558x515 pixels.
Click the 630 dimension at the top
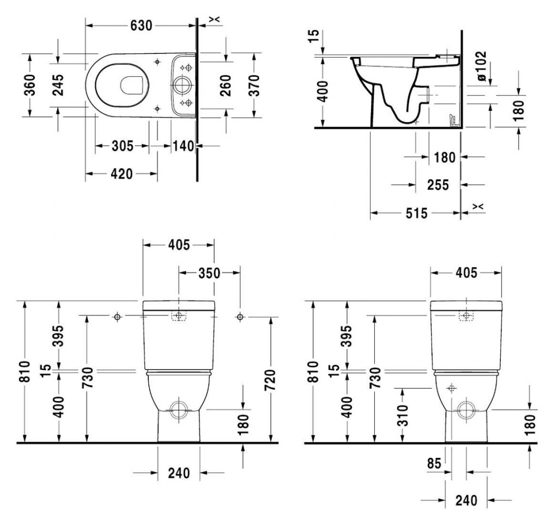[x=141, y=25]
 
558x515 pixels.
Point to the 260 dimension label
[x=226, y=85]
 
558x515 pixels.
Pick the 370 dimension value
[x=254, y=85]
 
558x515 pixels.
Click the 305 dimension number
[x=123, y=146]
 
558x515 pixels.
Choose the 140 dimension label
[x=184, y=146]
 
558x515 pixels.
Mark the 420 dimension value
[x=122, y=174]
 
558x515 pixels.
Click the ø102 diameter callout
[x=481, y=66]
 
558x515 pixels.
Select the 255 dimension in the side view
[x=438, y=185]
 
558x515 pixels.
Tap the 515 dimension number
[x=416, y=213]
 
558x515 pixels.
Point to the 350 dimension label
[x=209, y=273]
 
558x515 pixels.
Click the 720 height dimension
[x=270, y=380]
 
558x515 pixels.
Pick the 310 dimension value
[x=402, y=415]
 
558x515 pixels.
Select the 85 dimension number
[x=434, y=463]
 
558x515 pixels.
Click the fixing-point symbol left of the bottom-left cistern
[x=117, y=317]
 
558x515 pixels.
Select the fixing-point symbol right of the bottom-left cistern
[x=240, y=317]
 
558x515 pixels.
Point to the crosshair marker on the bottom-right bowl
[x=451, y=388]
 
